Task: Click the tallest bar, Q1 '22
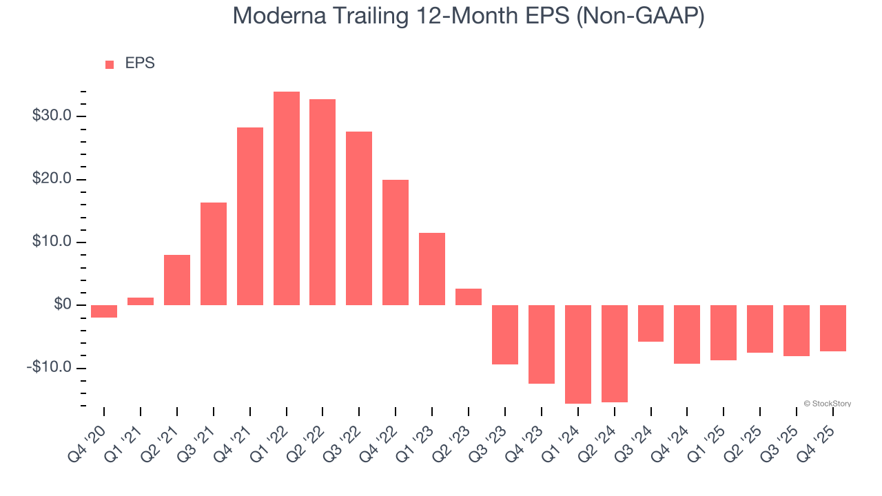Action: click(x=286, y=198)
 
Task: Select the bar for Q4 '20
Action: click(x=104, y=311)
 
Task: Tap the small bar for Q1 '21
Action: click(x=141, y=301)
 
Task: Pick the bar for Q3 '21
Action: click(x=214, y=254)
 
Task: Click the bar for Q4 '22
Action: click(x=396, y=242)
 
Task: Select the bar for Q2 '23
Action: click(x=469, y=297)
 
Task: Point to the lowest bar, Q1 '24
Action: click(x=577, y=354)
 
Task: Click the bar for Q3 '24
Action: click(x=650, y=323)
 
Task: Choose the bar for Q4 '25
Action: click(x=832, y=328)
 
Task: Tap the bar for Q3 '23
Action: click(x=504, y=335)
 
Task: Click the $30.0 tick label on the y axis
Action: click(x=52, y=116)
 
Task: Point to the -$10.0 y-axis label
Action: click(x=49, y=367)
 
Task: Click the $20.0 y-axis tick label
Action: click(x=52, y=179)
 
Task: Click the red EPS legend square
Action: click(x=110, y=64)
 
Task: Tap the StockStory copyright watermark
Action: click(x=827, y=404)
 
